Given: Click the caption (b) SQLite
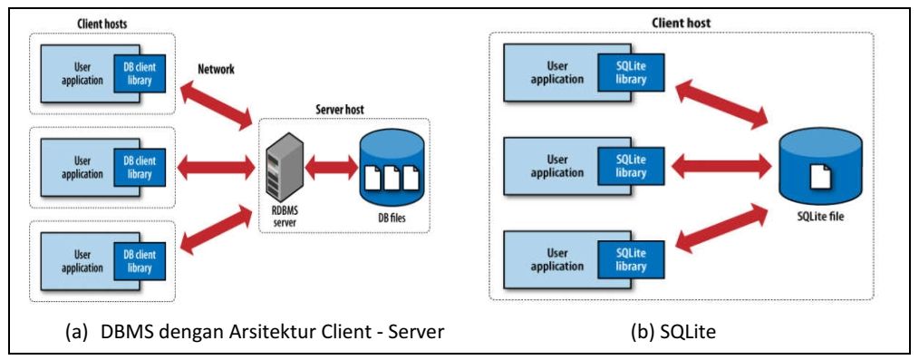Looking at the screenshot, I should pos(672,332).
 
